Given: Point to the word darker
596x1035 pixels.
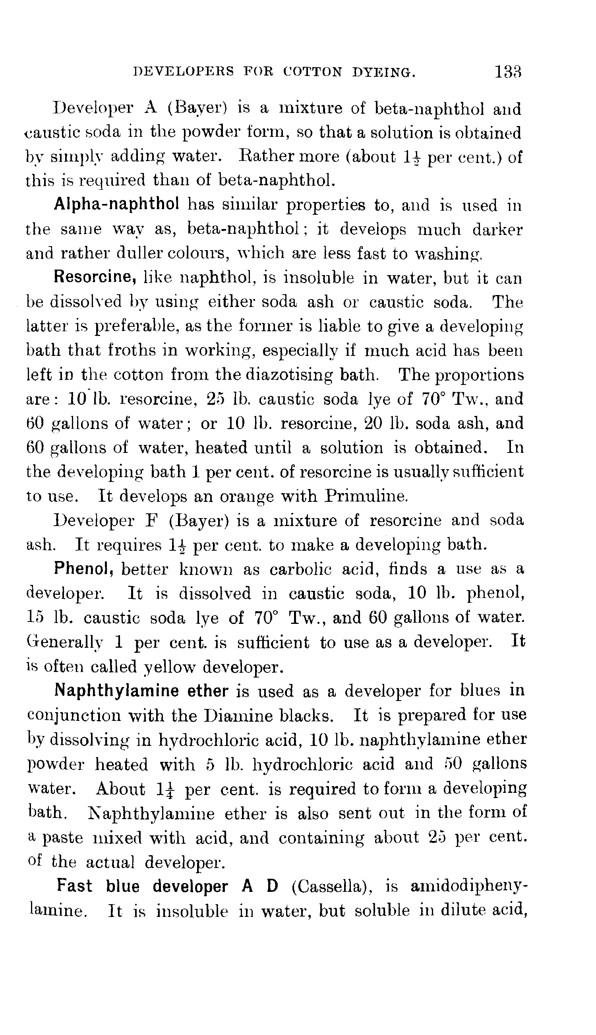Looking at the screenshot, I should coord(497,229).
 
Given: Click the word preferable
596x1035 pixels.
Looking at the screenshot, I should coord(135,326).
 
